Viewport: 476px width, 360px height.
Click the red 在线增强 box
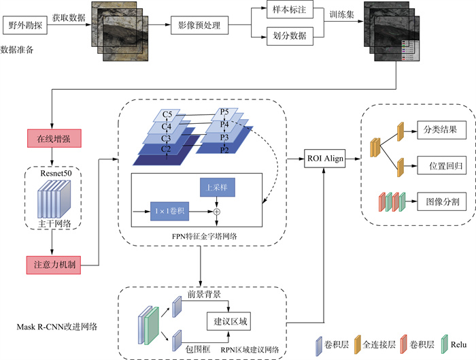click(54, 138)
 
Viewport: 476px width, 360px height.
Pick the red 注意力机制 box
click(54, 263)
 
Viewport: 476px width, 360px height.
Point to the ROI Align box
click(324, 159)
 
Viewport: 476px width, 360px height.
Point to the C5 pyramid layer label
click(167, 113)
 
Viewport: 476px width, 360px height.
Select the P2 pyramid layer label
click(225, 148)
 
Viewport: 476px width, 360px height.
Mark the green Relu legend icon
click(445, 342)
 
